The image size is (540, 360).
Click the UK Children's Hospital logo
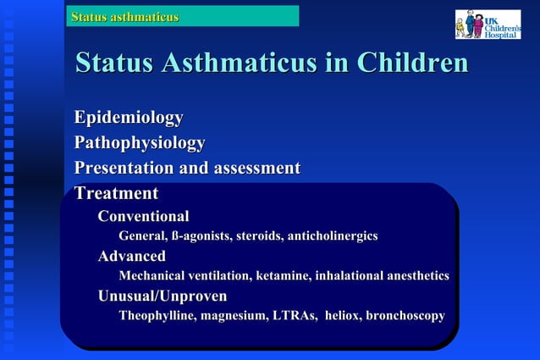click(488, 24)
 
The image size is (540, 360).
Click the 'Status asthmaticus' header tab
click(125, 16)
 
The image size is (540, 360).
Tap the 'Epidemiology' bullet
click(129, 117)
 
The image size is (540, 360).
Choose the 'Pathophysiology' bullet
click(140, 142)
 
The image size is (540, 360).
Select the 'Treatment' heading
click(116, 193)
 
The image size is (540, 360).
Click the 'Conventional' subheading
click(143, 216)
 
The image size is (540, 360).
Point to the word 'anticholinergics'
click(333, 235)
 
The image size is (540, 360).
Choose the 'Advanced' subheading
click(132, 256)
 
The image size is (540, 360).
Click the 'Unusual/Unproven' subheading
click(163, 296)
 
